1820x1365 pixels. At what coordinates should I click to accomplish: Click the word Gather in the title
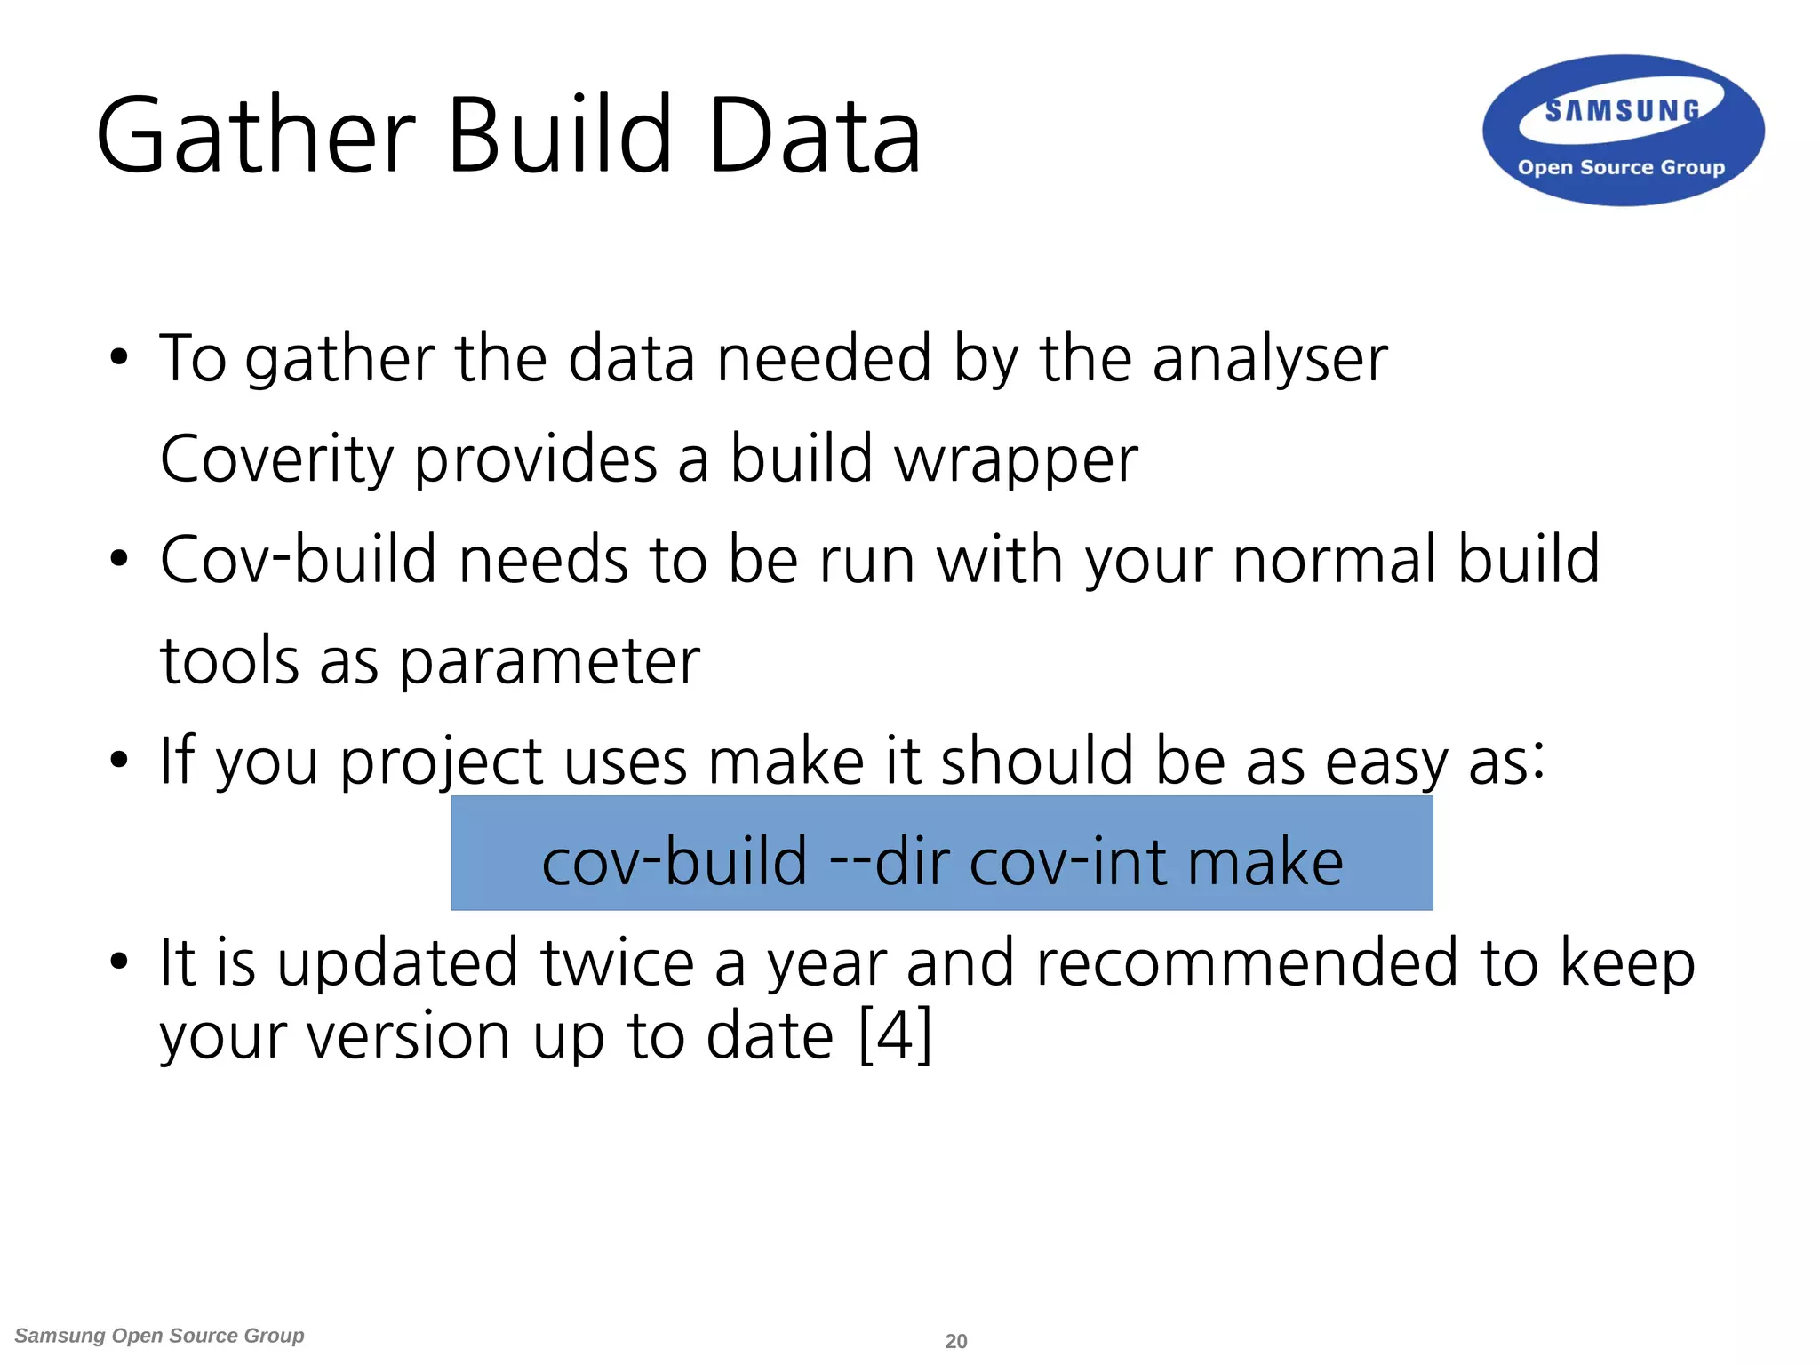pyautogui.click(x=256, y=136)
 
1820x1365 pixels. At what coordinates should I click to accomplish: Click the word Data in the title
pyautogui.click(x=814, y=136)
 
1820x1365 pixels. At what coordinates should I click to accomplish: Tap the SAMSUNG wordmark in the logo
pyautogui.click(x=1622, y=111)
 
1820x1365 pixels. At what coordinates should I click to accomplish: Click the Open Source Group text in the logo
pyautogui.click(x=1621, y=167)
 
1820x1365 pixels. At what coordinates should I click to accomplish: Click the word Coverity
pyautogui.click(x=276, y=460)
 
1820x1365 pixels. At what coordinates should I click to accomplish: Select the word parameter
pyautogui.click(x=549, y=663)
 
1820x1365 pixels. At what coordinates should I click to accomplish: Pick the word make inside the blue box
pyautogui.click(x=1265, y=862)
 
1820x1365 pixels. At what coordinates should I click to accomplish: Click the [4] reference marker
pyautogui.click(x=896, y=1036)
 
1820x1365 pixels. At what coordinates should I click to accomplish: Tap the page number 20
pyautogui.click(x=956, y=1341)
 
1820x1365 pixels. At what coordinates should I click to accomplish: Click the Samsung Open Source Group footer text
pyautogui.click(x=160, y=1336)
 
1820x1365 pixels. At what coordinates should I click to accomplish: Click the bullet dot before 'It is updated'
pyautogui.click(x=118, y=962)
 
